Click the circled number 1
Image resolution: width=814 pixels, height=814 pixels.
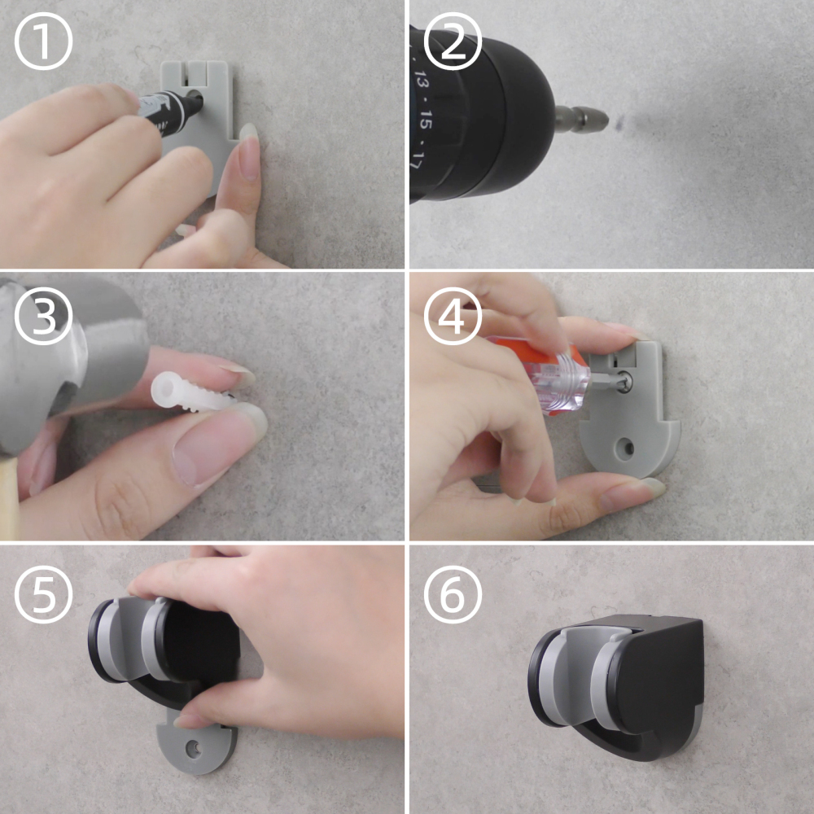[x=43, y=42]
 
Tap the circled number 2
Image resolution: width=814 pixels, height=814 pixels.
[x=453, y=42]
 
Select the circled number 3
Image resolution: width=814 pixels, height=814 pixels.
[x=43, y=316]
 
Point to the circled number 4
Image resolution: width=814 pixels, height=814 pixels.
[x=453, y=316]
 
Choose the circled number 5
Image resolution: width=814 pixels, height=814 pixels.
[x=43, y=594]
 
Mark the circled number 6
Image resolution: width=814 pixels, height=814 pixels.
[x=453, y=594]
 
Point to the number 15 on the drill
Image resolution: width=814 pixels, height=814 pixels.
[x=425, y=124]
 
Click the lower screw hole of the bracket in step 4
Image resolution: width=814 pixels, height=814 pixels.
[x=625, y=447]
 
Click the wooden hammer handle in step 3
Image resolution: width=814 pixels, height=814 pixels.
[x=9, y=498]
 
